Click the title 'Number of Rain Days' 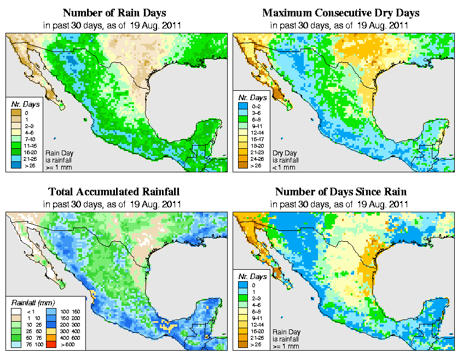pyautogui.click(x=114, y=13)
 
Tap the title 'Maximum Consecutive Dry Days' pyautogui.click(x=341, y=13)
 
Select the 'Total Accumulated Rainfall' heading pyautogui.click(x=114, y=192)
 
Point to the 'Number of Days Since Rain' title pyautogui.click(x=341, y=192)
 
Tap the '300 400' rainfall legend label pyautogui.click(x=70, y=332)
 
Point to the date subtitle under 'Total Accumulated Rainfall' pyautogui.click(x=114, y=204)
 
